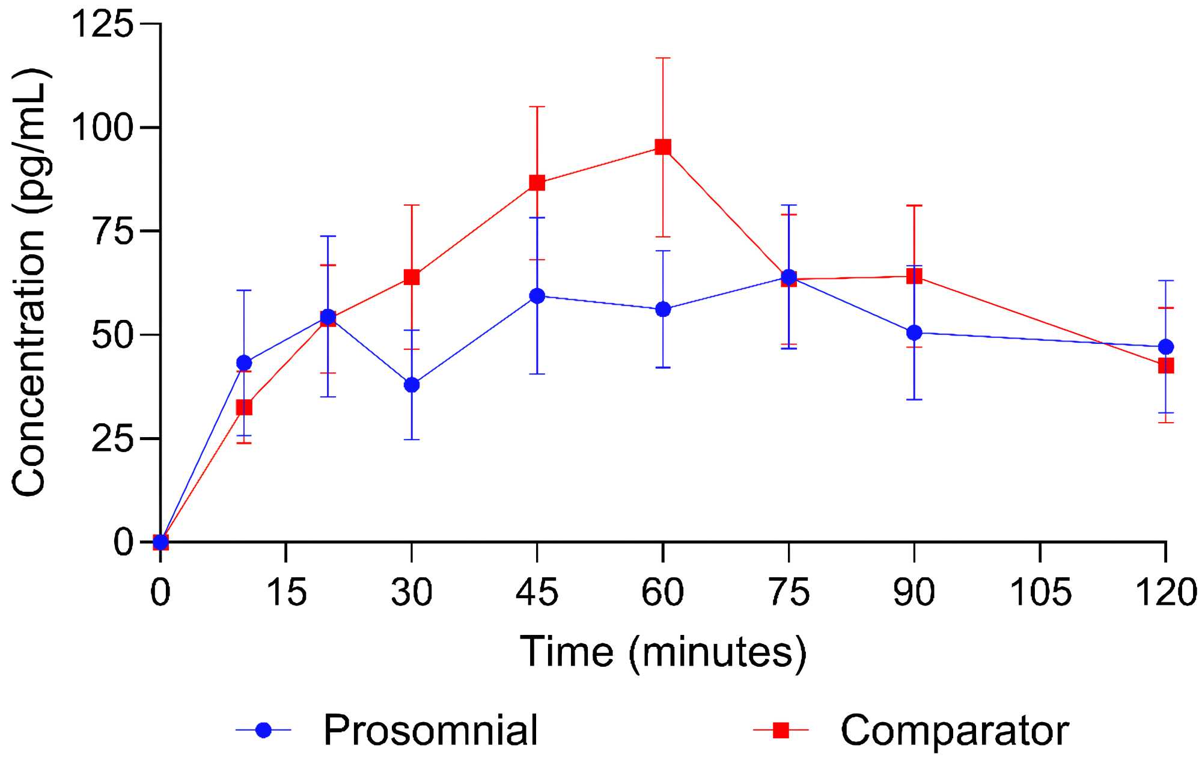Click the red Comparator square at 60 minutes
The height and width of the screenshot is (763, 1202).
coord(662,147)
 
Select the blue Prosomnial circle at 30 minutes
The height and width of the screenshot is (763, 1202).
coord(412,385)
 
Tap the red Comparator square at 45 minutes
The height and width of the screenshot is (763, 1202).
coord(537,183)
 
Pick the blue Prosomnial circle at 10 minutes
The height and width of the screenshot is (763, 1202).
coord(244,363)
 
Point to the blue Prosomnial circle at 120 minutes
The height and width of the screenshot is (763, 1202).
coord(1165,347)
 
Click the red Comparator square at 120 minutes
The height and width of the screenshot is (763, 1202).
coord(1165,366)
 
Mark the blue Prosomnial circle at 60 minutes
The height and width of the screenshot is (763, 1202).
coord(662,310)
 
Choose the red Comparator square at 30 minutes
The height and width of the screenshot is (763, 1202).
coord(412,277)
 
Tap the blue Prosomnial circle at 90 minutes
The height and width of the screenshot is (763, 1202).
coord(914,332)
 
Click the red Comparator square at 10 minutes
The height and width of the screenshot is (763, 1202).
coord(244,408)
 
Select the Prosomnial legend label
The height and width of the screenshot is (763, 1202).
coord(430,731)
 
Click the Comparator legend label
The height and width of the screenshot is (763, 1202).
coord(954,731)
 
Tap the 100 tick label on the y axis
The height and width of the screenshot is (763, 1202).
coord(102,127)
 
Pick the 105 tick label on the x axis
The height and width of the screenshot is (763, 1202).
coord(1040,592)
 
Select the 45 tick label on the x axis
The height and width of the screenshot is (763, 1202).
coord(537,592)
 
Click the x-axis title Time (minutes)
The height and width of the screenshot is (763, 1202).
coord(662,652)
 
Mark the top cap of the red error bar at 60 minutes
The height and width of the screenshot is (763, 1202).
coord(662,58)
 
